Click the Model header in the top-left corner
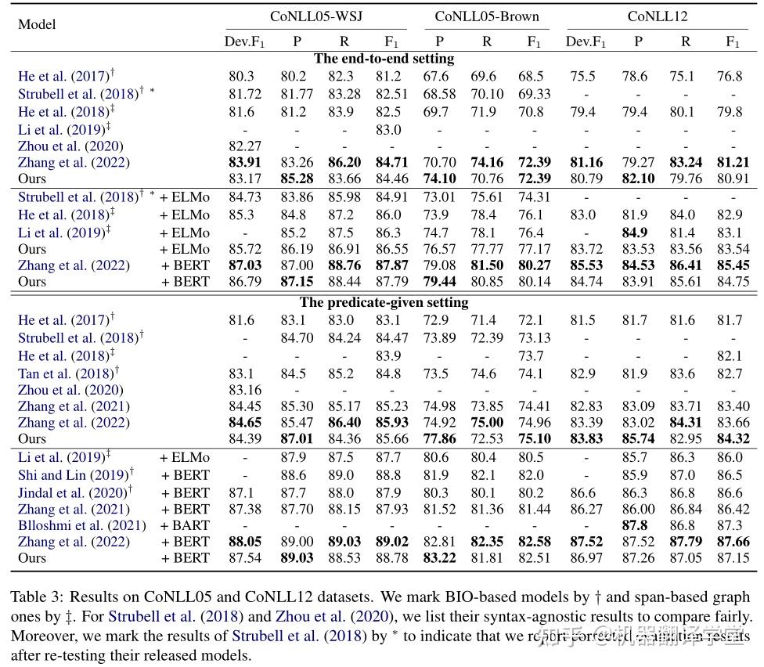click(x=37, y=23)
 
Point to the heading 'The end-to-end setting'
click(x=384, y=59)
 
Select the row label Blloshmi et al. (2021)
click(x=71, y=525)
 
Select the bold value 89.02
click(x=391, y=542)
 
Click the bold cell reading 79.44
click(x=439, y=281)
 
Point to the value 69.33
click(x=534, y=94)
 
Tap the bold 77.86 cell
click(x=439, y=439)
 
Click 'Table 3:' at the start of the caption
click(x=35, y=597)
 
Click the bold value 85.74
click(x=639, y=439)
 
